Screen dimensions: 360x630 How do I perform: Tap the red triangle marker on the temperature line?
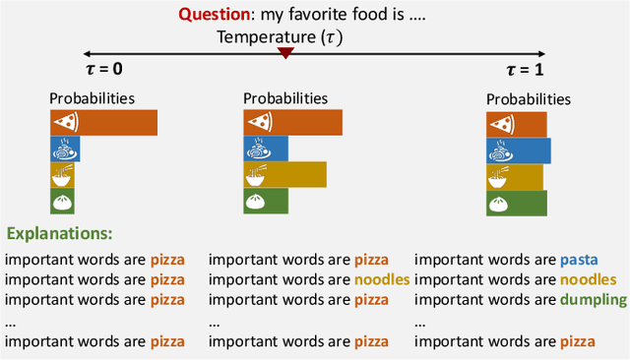(285, 52)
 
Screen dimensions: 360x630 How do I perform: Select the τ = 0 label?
(104, 69)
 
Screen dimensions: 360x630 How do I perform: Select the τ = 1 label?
(524, 69)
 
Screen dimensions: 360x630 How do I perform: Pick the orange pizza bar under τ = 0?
(103, 122)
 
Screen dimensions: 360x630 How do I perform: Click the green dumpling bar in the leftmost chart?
(65, 202)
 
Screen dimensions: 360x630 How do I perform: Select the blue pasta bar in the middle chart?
(265, 149)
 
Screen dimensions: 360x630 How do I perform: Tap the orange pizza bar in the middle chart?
(292, 122)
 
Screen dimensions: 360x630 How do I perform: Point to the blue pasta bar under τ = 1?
(518, 150)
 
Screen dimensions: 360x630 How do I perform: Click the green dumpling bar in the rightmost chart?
(515, 203)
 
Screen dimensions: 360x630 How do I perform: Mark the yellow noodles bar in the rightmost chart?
(514, 177)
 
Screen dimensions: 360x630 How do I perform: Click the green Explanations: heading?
(60, 235)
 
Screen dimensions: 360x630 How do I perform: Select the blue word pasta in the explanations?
(578, 261)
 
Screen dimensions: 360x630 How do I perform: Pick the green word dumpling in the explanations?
(595, 300)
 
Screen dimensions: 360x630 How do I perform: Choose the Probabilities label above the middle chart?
(285, 98)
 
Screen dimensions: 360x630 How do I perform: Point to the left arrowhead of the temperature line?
(88, 52)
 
